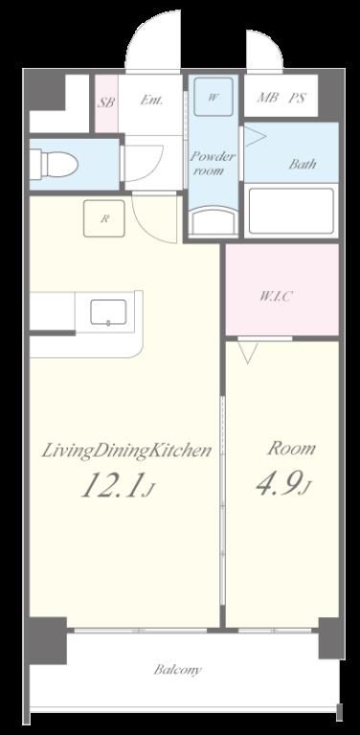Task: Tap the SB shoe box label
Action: tap(106, 102)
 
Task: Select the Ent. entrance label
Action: tap(151, 100)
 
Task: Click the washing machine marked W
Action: tap(214, 97)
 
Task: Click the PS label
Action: tap(297, 98)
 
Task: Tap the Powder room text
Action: tap(212, 164)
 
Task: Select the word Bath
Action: tap(302, 164)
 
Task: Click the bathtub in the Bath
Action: tap(291, 211)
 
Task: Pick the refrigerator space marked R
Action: tap(104, 218)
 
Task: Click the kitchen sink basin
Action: tap(108, 312)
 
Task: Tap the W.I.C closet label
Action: tap(277, 297)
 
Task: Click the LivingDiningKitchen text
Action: tap(126, 452)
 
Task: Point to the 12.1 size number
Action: tap(113, 485)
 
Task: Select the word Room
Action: tap(291, 449)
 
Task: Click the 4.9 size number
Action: tap(279, 484)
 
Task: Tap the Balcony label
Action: tap(178, 670)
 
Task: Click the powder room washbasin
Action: tap(214, 221)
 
